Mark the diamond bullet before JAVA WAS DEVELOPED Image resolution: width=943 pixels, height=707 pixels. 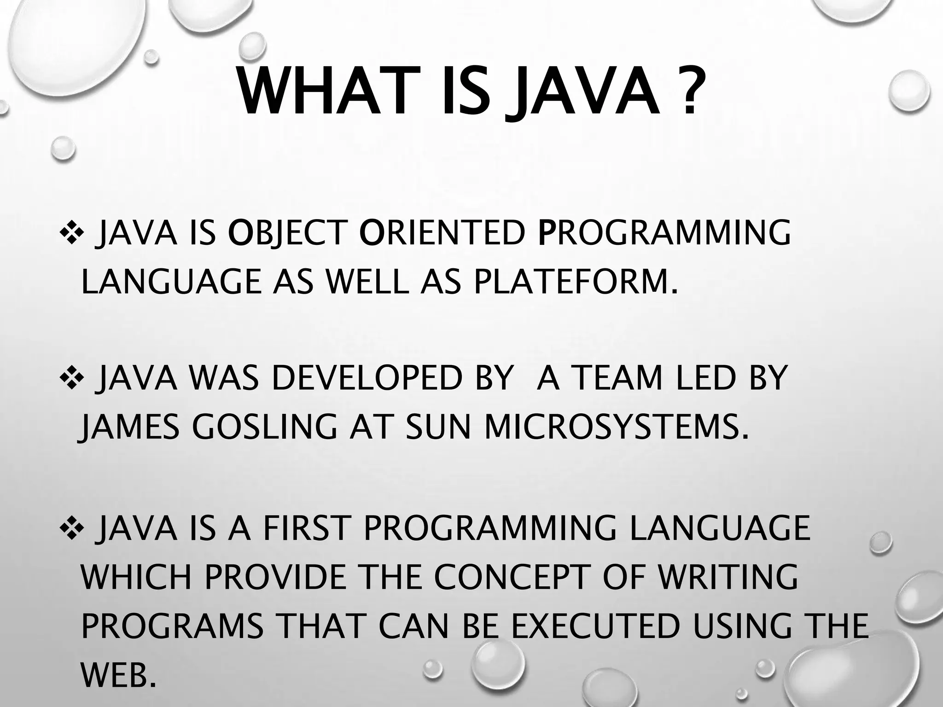pyautogui.click(x=70, y=377)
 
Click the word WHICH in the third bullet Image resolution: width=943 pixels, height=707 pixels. pyautogui.click(x=136, y=577)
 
